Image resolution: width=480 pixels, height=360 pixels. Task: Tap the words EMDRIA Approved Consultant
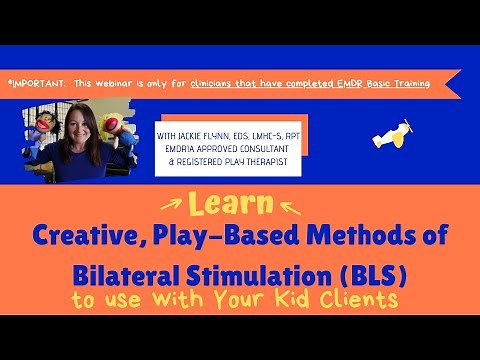(x=216, y=141)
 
